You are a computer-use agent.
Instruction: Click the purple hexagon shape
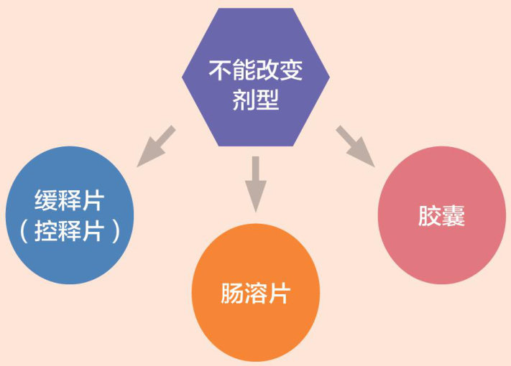click(x=255, y=43)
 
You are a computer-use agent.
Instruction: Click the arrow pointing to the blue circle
click(x=157, y=146)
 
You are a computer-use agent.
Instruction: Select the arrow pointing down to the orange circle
click(x=255, y=183)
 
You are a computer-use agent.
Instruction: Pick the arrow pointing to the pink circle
click(x=354, y=146)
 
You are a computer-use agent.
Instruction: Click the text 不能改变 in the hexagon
click(x=255, y=70)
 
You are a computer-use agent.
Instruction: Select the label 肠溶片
click(x=256, y=294)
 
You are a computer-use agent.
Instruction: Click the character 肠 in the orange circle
click(x=231, y=294)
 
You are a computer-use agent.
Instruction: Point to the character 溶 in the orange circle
click(x=256, y=294)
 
